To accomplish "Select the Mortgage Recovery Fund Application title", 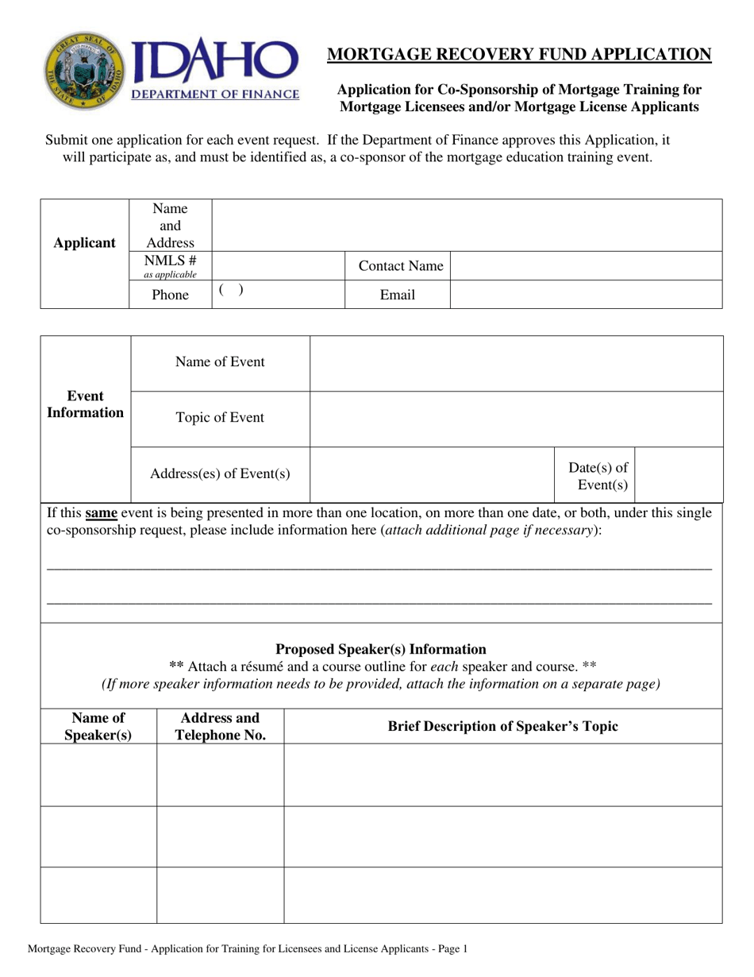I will pyautogui.click(x=519, y=54).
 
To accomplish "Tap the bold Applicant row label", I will pyautogui.click(x=84, y=243).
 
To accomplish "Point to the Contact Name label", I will pyautogui.click(x=401, y=266).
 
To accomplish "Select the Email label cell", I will pyautogui.click(x=397, y=295).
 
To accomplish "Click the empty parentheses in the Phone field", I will pyautogui.click(x=230, y=291).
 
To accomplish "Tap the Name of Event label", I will pyautogui.click(x=220, y=362).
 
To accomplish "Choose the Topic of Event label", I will pyautogui.click(x=220, y=418).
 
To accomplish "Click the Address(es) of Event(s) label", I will pyautogui.click(x=220, y=474).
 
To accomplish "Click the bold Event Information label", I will pyautogui.click(x=85, y=404).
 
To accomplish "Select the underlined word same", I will pyautogui.click(x=101, y=513).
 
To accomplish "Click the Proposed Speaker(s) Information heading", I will pyautogui.click(x=380, y=649).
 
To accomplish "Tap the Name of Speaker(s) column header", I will pyautogui.click(x=98, y=727).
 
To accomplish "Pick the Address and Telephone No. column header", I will pyautogui.click(x=220, y=727).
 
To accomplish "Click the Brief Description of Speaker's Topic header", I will pyautogui.click(x=502, y=726).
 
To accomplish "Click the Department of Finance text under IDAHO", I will pyautogui.click(x=215, y=95).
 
